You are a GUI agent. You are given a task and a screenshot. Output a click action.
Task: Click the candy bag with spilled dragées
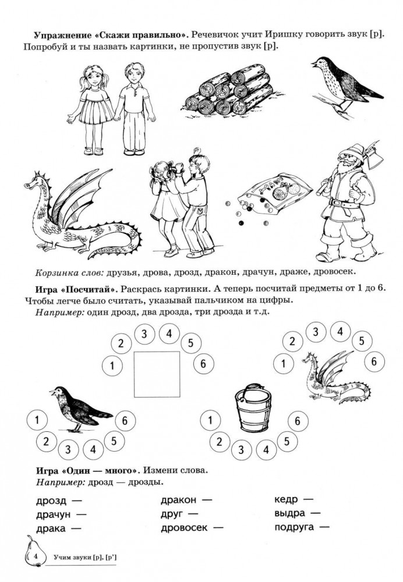(275, 194)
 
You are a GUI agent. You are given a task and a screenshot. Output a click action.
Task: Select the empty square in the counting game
(157, 374)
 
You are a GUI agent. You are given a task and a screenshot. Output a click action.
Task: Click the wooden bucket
(253, 408)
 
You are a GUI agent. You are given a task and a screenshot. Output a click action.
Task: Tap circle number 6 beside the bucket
(297, 421)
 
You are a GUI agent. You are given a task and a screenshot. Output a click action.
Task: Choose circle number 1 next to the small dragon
(284, 363)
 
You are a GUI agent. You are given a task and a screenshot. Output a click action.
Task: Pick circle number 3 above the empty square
(144, 333)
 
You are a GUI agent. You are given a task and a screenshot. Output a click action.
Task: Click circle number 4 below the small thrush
(93, 449)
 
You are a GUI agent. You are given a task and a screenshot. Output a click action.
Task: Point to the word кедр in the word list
(286, 499)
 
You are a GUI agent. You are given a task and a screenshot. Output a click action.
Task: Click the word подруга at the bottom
(294, 527)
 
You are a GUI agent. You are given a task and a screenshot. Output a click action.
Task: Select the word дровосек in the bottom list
(184, 527)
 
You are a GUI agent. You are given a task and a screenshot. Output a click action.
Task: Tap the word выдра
(289, 513)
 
